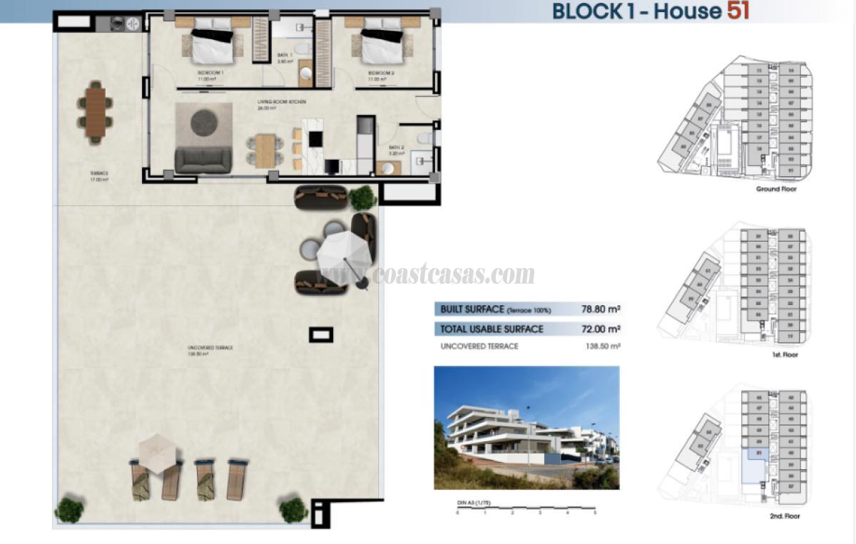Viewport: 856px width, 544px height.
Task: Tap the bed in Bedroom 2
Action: [378, 44]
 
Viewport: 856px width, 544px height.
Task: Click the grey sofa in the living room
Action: [203, 160]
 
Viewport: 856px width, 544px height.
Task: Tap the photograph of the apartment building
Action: [526, 428]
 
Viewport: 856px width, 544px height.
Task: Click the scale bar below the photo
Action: [526, 510]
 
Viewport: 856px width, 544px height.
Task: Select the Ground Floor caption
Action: [777, 190]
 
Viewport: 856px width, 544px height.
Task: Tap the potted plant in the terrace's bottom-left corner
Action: [69, 510]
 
